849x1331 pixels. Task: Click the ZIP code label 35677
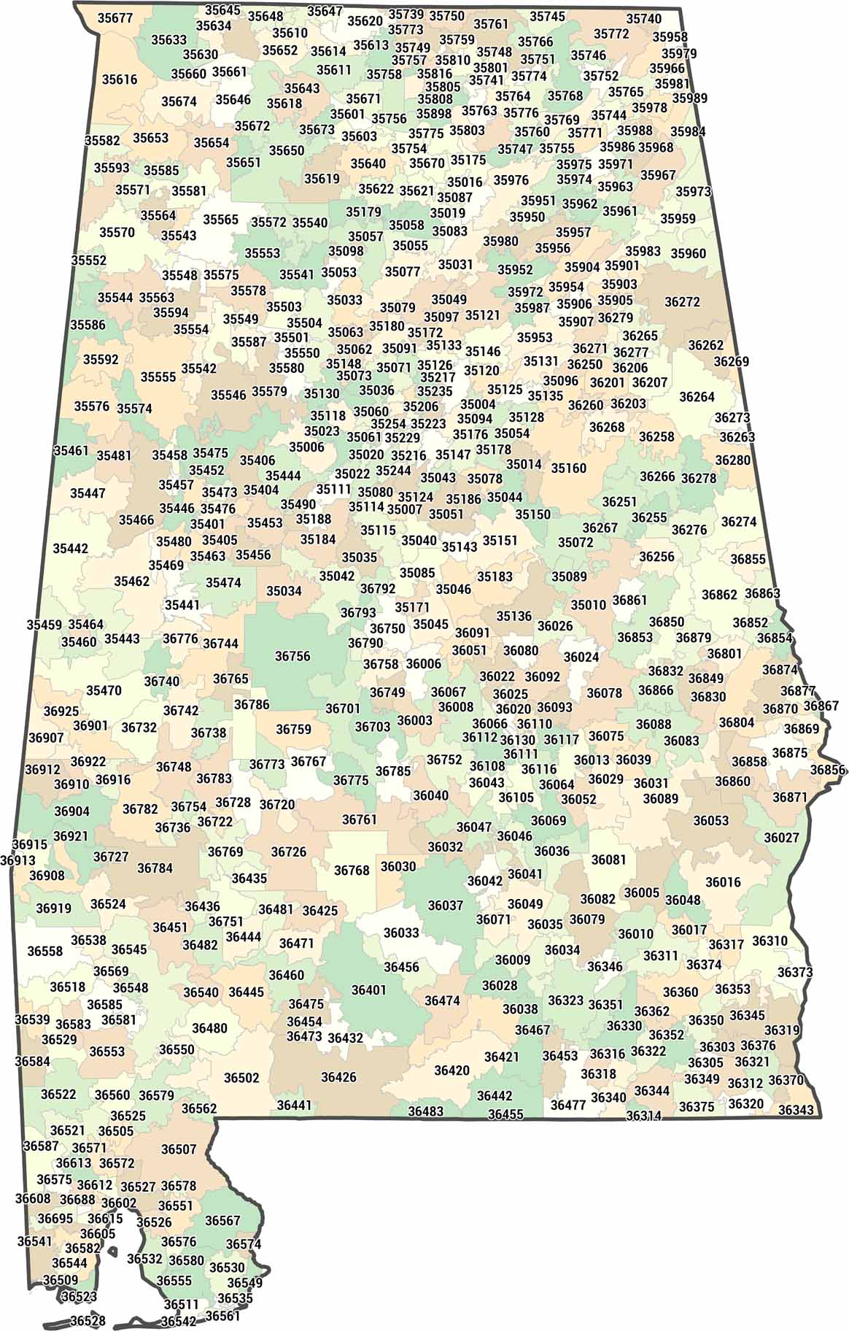[115, 18]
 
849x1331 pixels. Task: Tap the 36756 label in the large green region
[292, 656]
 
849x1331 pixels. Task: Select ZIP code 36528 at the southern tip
[88, 1321]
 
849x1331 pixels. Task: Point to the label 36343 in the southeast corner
[796, 1110]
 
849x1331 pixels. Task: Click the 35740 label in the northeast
[644, 19]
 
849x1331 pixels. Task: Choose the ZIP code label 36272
[682, 301]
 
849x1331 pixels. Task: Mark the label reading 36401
[369, 989]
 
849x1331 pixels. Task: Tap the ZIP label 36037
[445, 906]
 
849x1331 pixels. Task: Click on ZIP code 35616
[120, 80]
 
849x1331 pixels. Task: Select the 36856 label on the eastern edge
[828, 770]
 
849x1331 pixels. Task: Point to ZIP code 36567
[222, 1221]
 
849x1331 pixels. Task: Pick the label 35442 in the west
[70, 548]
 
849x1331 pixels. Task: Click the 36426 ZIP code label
[338, 1077]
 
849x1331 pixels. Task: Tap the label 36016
[723, 882]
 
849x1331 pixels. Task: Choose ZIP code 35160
[568, 468]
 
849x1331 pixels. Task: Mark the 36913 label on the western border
[18, 860]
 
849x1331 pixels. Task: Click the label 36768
[352, 871]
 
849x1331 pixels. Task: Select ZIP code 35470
[104, 690]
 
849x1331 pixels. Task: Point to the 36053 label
[711, 820]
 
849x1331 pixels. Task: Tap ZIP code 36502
[241, 1078]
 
